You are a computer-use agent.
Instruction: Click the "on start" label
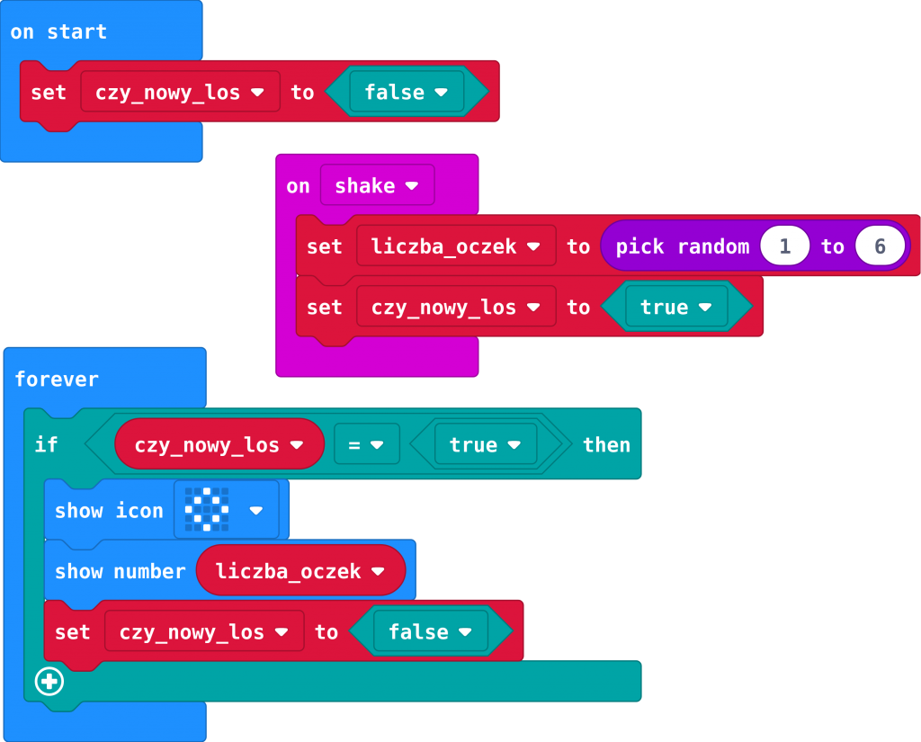(x=58, y=32)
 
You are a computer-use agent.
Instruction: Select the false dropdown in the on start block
(x=406, y=92)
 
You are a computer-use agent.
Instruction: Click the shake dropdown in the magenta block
(x=377, y=186)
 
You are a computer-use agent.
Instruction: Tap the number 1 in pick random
(x=784, y=246)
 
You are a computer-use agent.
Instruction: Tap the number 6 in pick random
(x=880, y=246)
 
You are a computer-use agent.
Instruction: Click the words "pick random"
(x=683, y=246)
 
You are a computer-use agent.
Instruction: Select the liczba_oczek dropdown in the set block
(x=456, y=246)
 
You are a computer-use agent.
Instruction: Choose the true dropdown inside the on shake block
(x=675, y=308)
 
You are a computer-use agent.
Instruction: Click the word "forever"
(x=57, y=380)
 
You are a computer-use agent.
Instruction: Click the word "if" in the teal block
(x=46, y=444)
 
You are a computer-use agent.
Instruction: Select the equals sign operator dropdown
(x=366, y=445)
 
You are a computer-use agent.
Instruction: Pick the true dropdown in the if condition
(x=485, y=445)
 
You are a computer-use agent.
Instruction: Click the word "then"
(x=606, y=445)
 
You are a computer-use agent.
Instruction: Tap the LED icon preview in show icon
(x=207, y=510)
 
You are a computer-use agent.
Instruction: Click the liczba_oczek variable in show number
(x=300, y=571)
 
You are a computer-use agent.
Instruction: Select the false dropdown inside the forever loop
(x=430, y=632)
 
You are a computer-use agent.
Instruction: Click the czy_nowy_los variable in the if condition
(x=219, y=445)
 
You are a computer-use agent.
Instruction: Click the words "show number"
(x=120, y=571)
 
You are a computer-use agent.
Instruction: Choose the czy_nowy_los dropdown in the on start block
(x=180, y=92)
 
